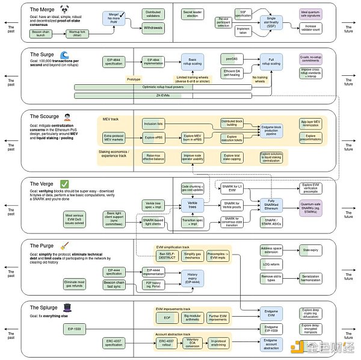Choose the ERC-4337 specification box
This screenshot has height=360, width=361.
coord(114,343)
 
